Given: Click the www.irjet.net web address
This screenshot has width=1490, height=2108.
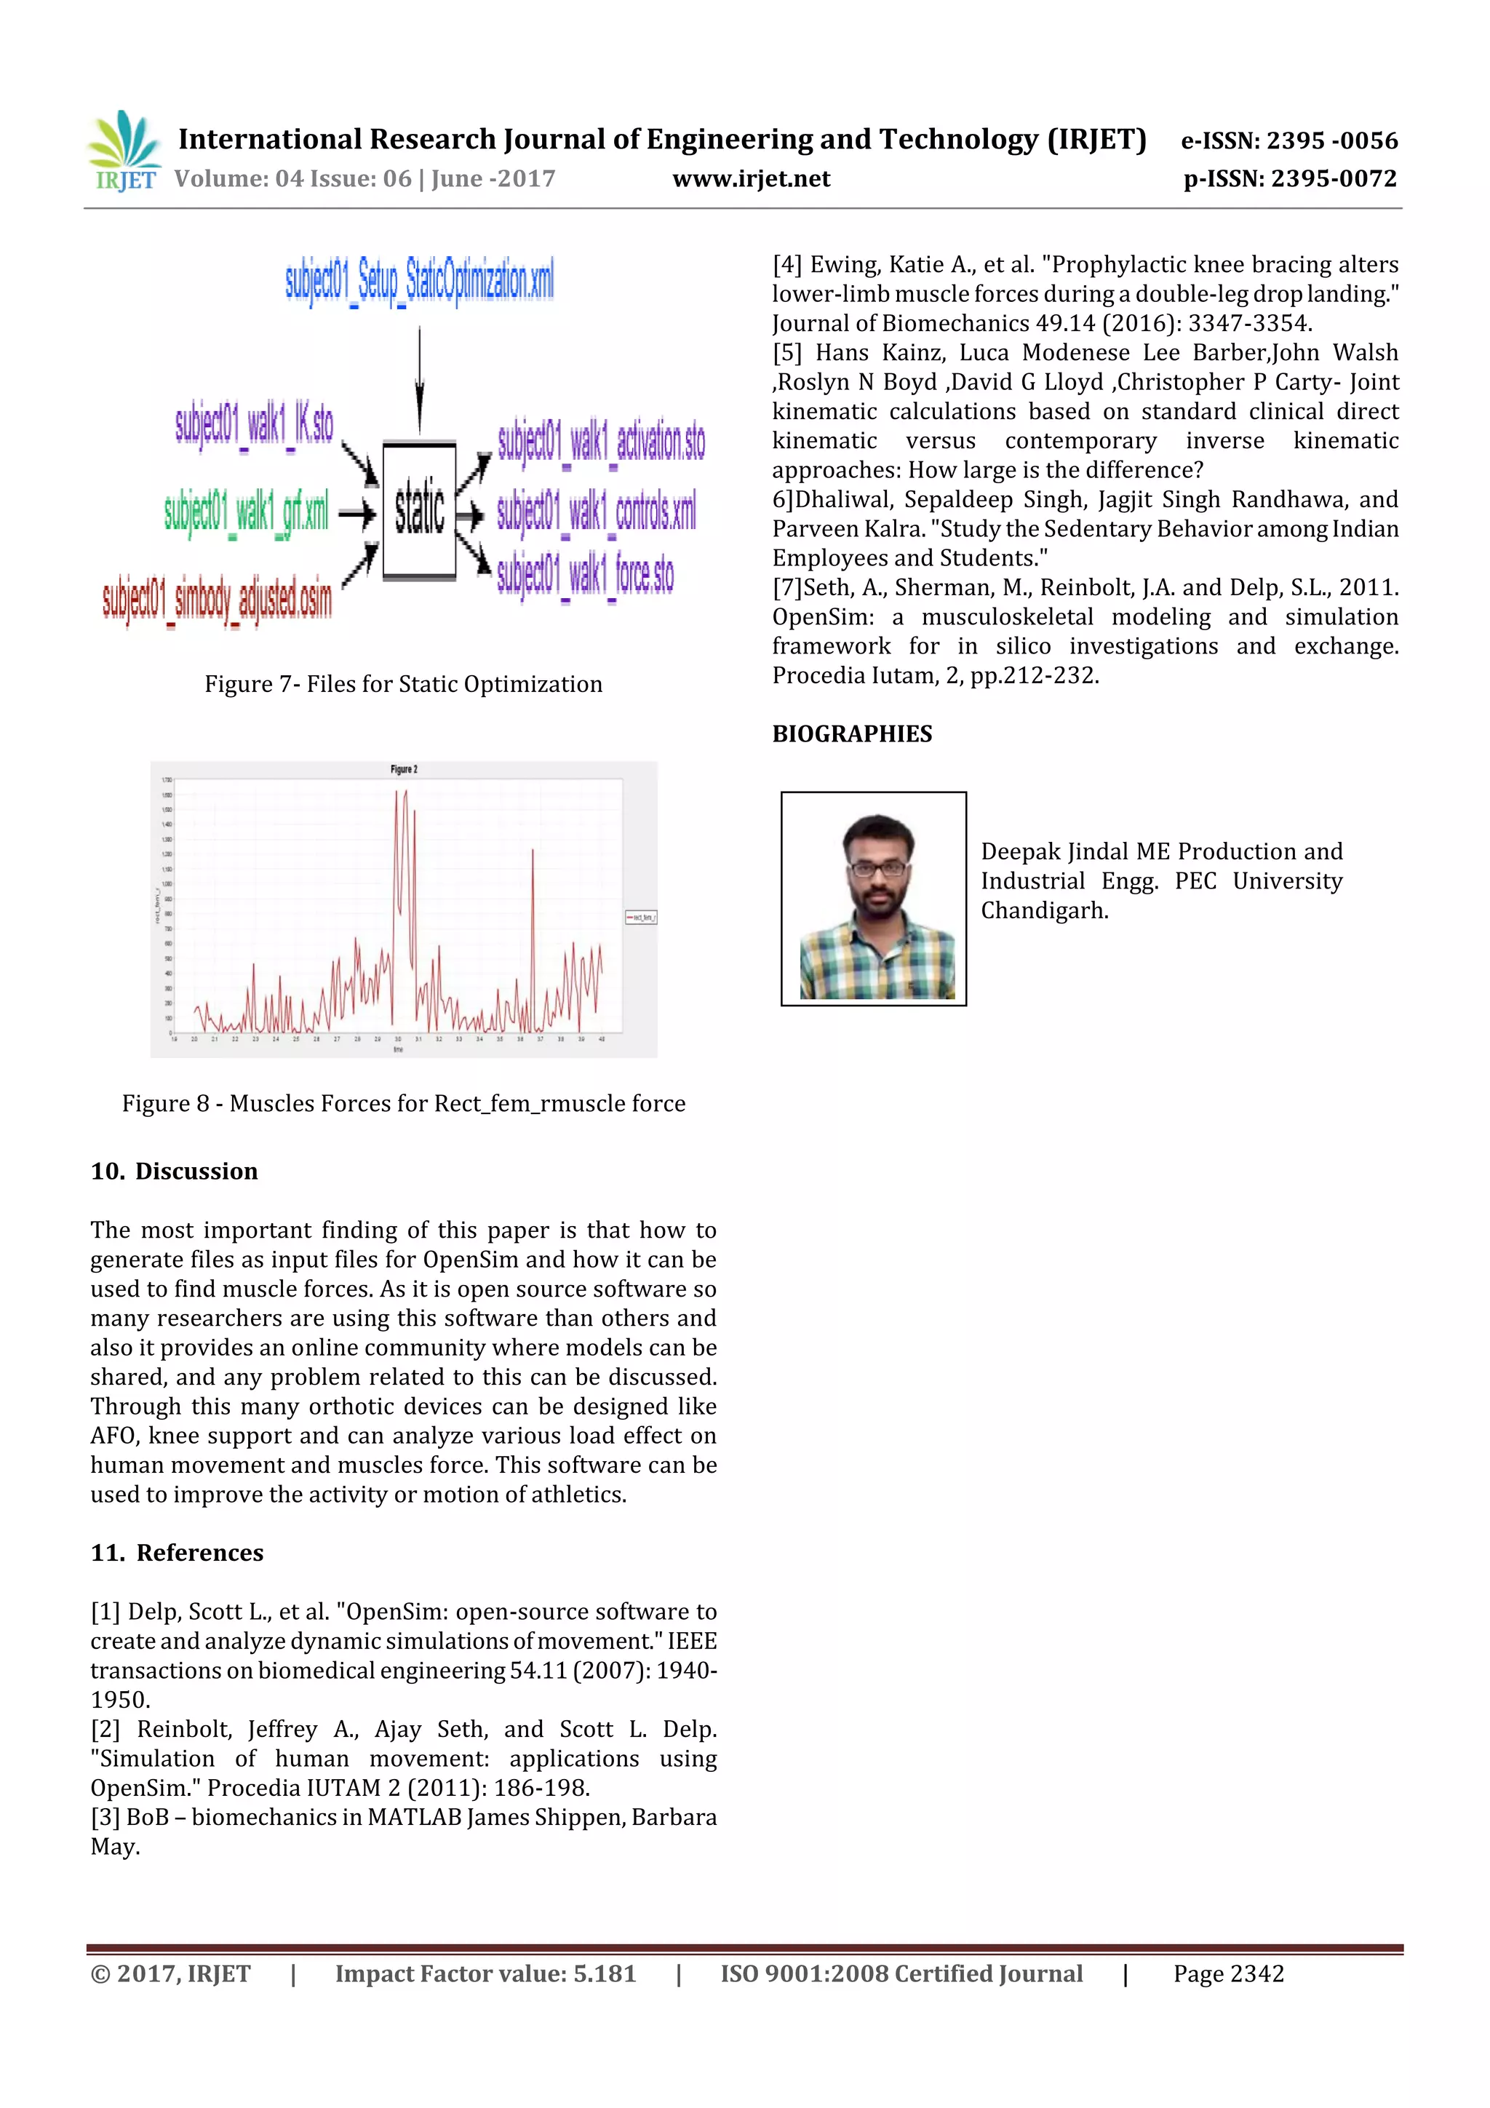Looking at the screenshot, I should [751, 179].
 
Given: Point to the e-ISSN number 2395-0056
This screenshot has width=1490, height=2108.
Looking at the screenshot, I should [1288, 140].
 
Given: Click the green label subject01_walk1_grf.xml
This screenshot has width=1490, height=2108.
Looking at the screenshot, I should [245, 512].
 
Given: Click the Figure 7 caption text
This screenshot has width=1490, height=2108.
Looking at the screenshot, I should [403, 684].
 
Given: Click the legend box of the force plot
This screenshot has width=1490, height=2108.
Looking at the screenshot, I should [641, 916].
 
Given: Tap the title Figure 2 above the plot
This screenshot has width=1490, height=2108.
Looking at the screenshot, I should [404, 769].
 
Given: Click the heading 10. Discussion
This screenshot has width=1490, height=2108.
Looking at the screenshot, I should [175, 1172].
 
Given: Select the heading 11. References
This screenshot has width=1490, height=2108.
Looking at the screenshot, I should [178, 1553].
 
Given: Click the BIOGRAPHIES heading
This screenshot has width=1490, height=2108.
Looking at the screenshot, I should [851, 733].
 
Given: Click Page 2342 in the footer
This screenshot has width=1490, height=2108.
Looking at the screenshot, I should [1227, 1974].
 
